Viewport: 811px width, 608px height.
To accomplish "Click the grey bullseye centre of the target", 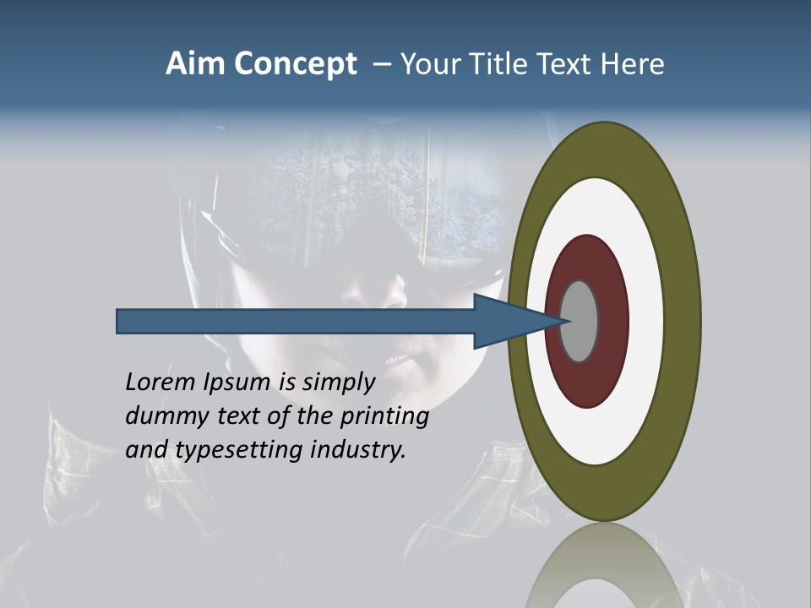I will (x=580, y=321).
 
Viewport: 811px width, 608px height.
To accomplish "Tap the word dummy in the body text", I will (x=163, y=416).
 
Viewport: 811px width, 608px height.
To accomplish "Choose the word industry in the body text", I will (x=358, y=451).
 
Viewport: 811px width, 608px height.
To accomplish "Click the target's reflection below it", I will (x=604, y=566).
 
